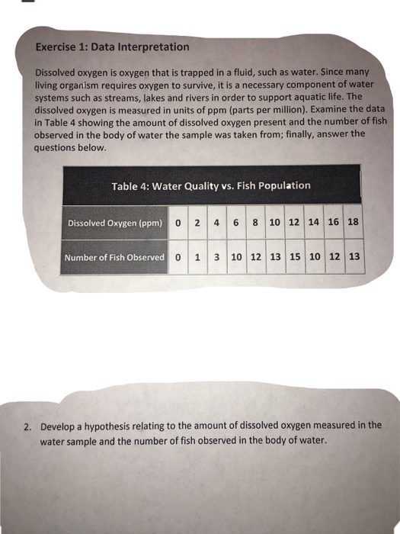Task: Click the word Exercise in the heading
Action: tap(57, 47)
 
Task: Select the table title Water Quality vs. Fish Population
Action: tap(211, 185)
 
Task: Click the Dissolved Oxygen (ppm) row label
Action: tap(114, 224)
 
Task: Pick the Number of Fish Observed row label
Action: tap(114, 257)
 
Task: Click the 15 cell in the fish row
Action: tap(295, 256)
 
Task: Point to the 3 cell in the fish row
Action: tap(216, 257)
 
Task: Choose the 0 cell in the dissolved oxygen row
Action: tap(177, 224)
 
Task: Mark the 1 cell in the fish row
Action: tap(197, 257)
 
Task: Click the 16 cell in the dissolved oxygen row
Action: tap(333, 223)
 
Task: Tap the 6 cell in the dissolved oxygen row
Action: tap(235, 224)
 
